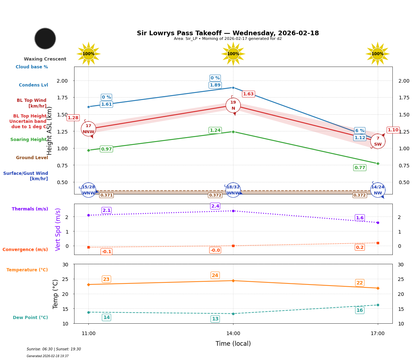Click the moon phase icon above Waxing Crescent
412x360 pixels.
pos(45,38)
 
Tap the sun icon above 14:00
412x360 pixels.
pos(233,54)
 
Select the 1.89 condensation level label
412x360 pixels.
pos(215,85)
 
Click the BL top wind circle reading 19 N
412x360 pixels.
pos(233,105)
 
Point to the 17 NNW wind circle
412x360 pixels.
pos(88,129)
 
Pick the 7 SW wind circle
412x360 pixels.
pos(378,141)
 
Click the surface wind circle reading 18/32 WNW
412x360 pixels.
pos(233,190)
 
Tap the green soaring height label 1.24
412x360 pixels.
pos(215,130)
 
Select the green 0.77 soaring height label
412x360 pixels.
pos(360,168)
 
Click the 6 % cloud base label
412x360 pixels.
pos(360,131)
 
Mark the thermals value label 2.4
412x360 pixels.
pos(215,206)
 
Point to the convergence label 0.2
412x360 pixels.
pos(360,247)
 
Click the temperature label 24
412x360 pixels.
pos(215,275)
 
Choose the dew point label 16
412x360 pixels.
pos(360,311)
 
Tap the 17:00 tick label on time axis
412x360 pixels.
pos(377,334)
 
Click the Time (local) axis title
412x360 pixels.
pos(233,344)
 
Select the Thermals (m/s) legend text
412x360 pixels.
pos(30,209)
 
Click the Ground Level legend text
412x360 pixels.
pos(32,158)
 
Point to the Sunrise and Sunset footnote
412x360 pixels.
pos(54,349)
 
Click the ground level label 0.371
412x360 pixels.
pos(106,195)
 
